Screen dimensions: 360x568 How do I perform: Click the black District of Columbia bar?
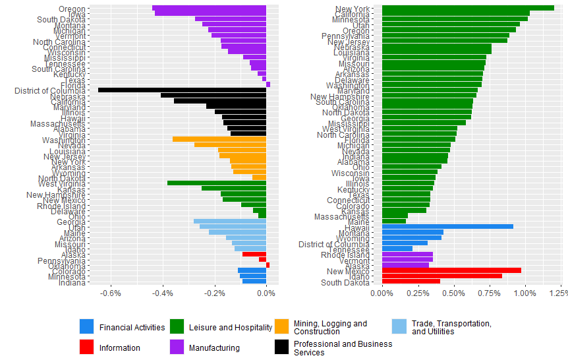182,90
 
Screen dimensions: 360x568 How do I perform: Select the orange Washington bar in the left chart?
219,140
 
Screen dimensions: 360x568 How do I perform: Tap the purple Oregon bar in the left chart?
209,9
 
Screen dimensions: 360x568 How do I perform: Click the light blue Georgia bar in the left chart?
229,222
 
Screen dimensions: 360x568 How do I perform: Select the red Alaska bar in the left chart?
254,254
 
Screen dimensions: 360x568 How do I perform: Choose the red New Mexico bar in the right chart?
451,270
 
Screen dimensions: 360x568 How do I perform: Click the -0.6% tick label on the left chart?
111,293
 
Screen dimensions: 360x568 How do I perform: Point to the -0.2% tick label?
214,293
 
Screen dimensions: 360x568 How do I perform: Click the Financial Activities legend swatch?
87,326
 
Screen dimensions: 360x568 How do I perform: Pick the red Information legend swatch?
87,347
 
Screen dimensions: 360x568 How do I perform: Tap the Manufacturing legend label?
214,347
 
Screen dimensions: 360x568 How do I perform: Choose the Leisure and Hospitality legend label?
230,327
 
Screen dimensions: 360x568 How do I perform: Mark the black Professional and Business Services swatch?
282,347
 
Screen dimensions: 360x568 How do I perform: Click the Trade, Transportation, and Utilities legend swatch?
399,326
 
